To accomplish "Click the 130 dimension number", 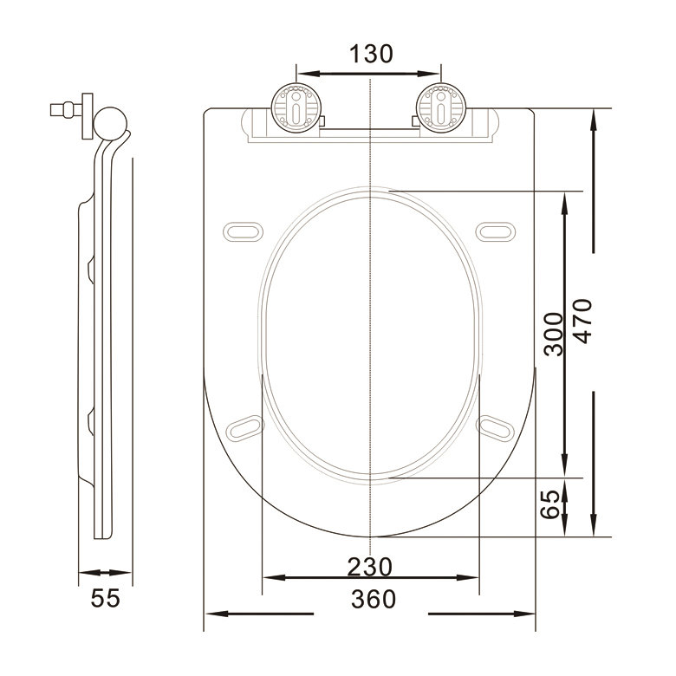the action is (x=371, y=54).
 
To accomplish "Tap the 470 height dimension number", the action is (x=584, y=322).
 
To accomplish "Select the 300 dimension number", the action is (x=554, y=335).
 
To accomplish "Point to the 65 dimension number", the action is (x=550, y=505).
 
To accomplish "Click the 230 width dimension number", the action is (x=370, y=567).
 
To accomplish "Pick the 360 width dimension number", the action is (x=374, y=599).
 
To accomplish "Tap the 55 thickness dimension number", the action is (x=105, y=598).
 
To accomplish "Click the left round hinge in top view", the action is (x=296, y=107).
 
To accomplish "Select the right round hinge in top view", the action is (x=441, y=107).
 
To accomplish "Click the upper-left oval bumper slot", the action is (x=244, y=231).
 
